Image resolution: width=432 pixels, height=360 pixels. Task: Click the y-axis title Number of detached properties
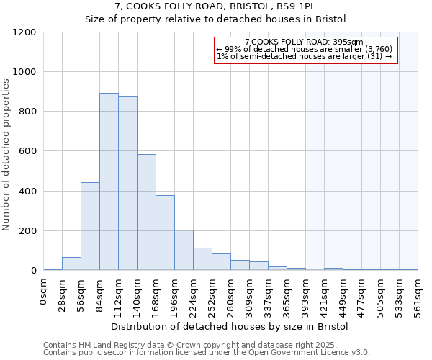coord(7,156)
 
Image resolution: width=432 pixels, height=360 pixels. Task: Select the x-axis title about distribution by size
coord(230,327)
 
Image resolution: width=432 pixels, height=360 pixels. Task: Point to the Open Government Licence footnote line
coord(206,353)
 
